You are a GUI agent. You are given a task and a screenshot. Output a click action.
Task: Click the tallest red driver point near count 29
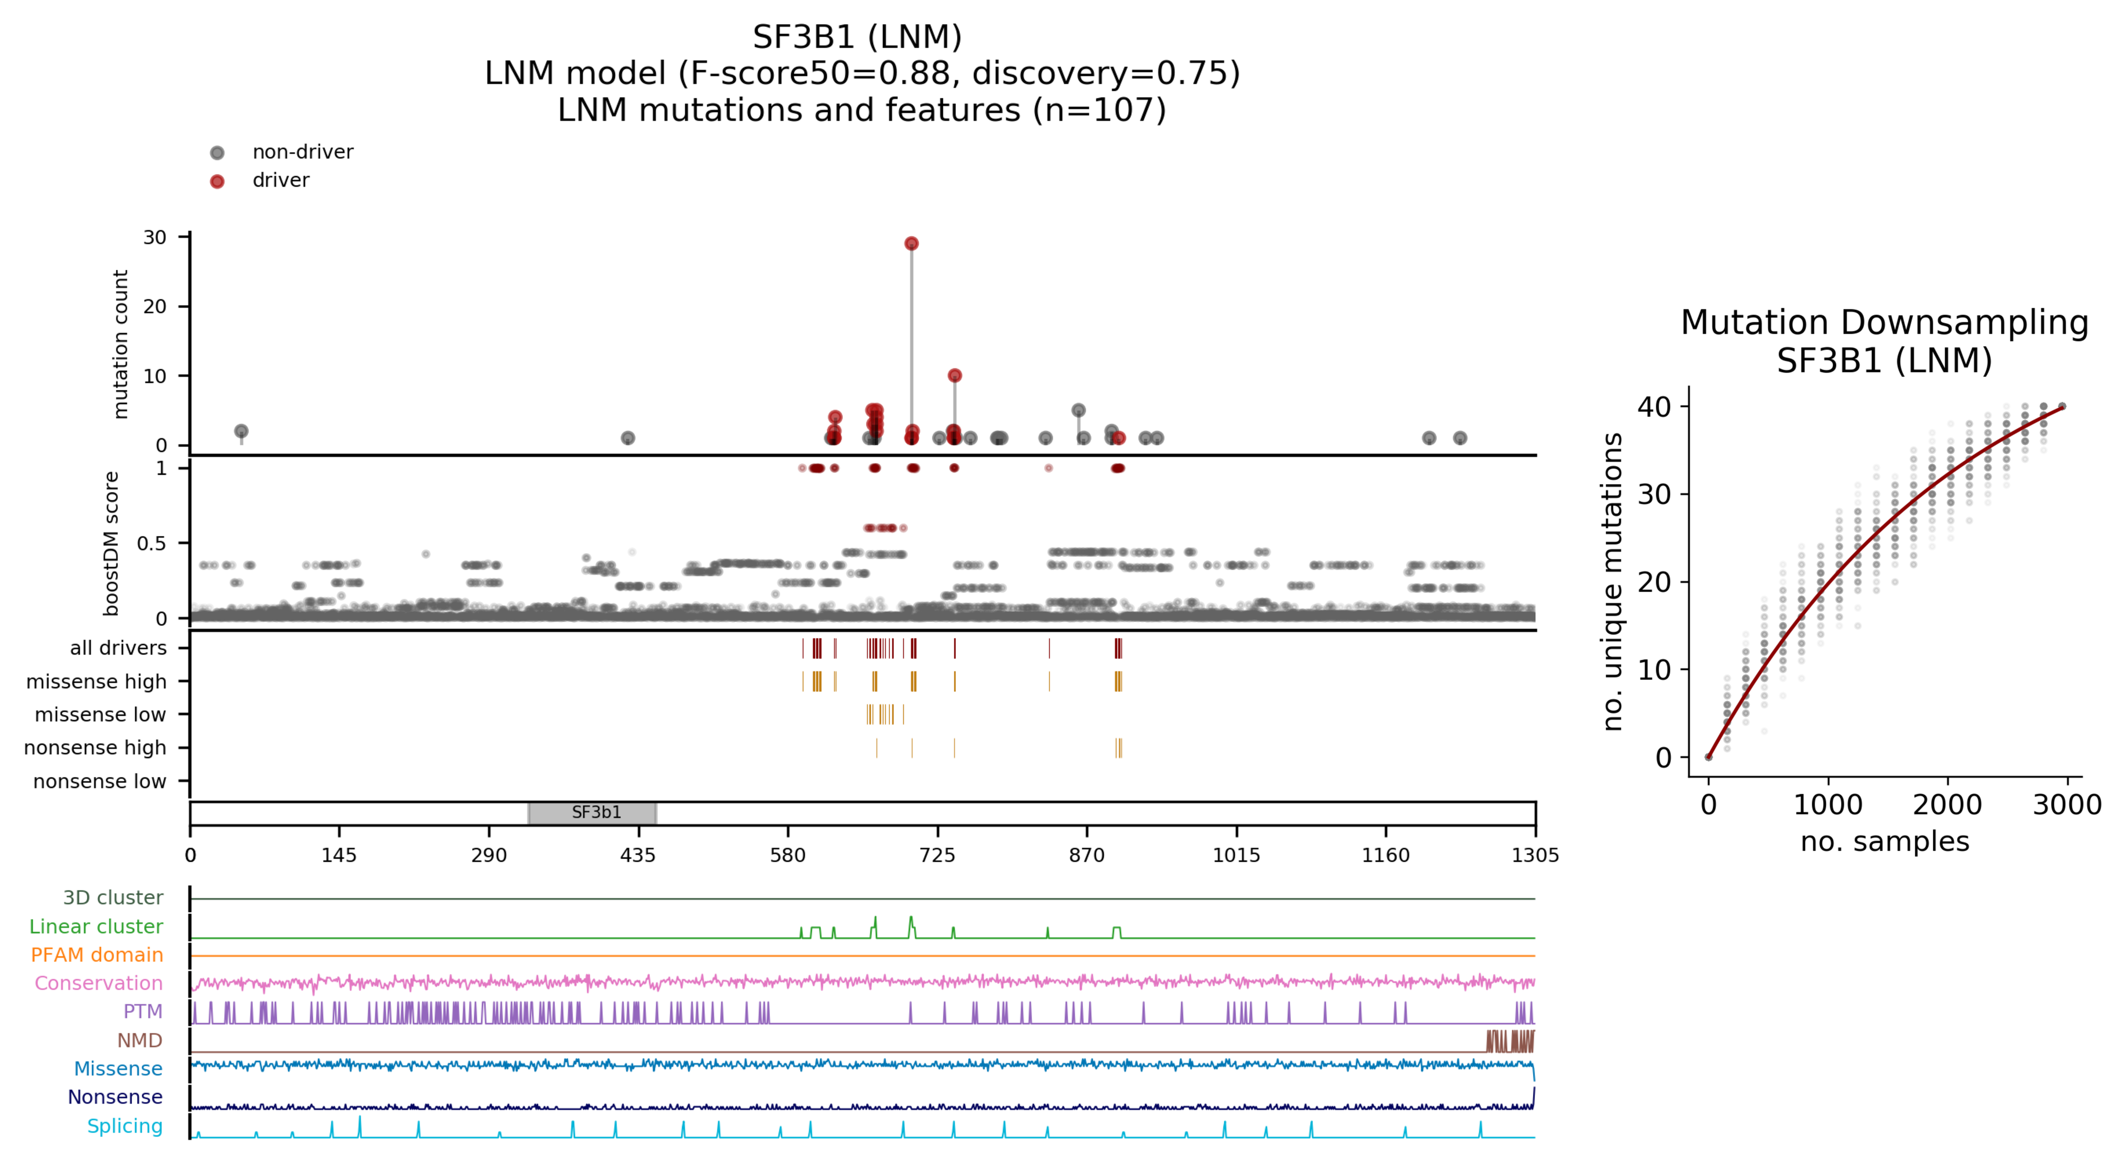coord(911,244)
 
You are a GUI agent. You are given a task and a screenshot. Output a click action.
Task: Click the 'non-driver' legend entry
coord(302,153)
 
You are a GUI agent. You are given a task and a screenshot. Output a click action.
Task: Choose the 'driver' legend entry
coord(281,180)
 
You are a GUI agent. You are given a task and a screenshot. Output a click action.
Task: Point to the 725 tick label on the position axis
coord(937,855)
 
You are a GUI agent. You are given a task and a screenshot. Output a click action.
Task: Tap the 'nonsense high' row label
coord(95,748)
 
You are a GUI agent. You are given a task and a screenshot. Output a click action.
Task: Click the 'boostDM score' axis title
coord(111,543)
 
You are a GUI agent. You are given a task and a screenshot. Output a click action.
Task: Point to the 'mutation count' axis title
coord(121,344)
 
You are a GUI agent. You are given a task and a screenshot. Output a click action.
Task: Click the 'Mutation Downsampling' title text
coord(1884,323)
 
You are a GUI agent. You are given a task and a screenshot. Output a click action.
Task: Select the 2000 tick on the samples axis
coord(1947,804)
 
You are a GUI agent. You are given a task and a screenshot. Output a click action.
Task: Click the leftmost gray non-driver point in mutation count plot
coord(241,432)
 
